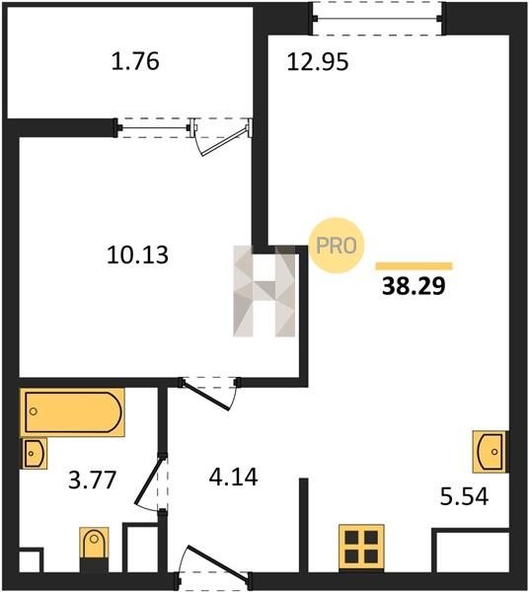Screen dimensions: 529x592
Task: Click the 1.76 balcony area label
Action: [135, 61]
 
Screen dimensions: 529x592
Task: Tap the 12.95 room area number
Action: [318, 62]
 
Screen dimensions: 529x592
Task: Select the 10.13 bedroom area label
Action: [137, 255]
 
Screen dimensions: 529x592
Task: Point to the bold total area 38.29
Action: [414, 286]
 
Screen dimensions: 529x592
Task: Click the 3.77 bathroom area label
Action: [92, 481]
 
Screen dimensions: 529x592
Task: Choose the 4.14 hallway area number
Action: [233, 477]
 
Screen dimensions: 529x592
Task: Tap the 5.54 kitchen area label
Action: [465, 496]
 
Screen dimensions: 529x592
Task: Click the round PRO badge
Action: [336, 246]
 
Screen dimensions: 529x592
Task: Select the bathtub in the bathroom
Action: [72, 411]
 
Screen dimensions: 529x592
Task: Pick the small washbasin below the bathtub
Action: [34, 453]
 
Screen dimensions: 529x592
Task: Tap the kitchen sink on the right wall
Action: [490, 452]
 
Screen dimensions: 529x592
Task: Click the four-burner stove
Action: [361, 547]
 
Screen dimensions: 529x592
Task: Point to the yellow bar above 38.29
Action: [414, 266]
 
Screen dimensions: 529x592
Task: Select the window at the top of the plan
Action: [378, 18]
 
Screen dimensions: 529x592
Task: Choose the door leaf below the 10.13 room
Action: [206, 396]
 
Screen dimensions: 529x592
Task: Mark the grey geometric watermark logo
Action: [264, 291]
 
